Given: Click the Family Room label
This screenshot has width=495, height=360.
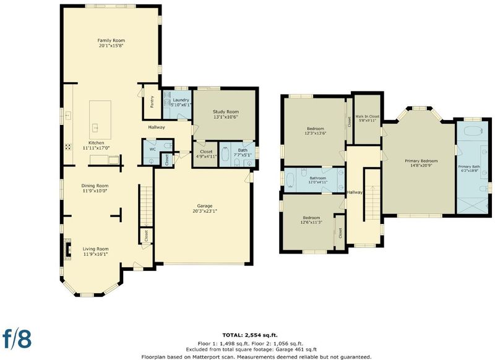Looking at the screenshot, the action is [111, 40].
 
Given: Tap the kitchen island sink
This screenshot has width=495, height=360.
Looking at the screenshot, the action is [95, 128].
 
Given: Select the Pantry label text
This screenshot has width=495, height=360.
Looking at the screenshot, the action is [152, 102].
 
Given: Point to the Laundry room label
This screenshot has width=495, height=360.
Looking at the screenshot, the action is [181, 100].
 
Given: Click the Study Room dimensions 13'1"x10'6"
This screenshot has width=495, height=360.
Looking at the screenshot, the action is [225, 117].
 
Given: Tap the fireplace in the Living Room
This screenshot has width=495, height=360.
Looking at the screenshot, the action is [67, 249].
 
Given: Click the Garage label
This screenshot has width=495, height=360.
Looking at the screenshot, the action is [205, 206].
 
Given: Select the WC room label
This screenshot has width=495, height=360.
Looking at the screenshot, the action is [152, 149].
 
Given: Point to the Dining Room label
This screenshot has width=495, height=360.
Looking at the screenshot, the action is [95, 186].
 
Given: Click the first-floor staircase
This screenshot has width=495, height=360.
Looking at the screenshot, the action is [146, 206].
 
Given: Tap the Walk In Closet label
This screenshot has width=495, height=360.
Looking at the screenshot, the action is [368, 116].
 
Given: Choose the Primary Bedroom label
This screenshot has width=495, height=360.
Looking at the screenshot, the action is [421, 161].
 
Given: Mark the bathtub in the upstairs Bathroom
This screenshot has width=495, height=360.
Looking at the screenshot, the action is [290, 181].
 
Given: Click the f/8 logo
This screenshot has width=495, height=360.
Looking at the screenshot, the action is [17, 339].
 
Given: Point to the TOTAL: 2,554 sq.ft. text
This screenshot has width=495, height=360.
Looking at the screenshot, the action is [250, 335].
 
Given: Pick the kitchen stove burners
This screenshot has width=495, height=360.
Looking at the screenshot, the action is [68, 147].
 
